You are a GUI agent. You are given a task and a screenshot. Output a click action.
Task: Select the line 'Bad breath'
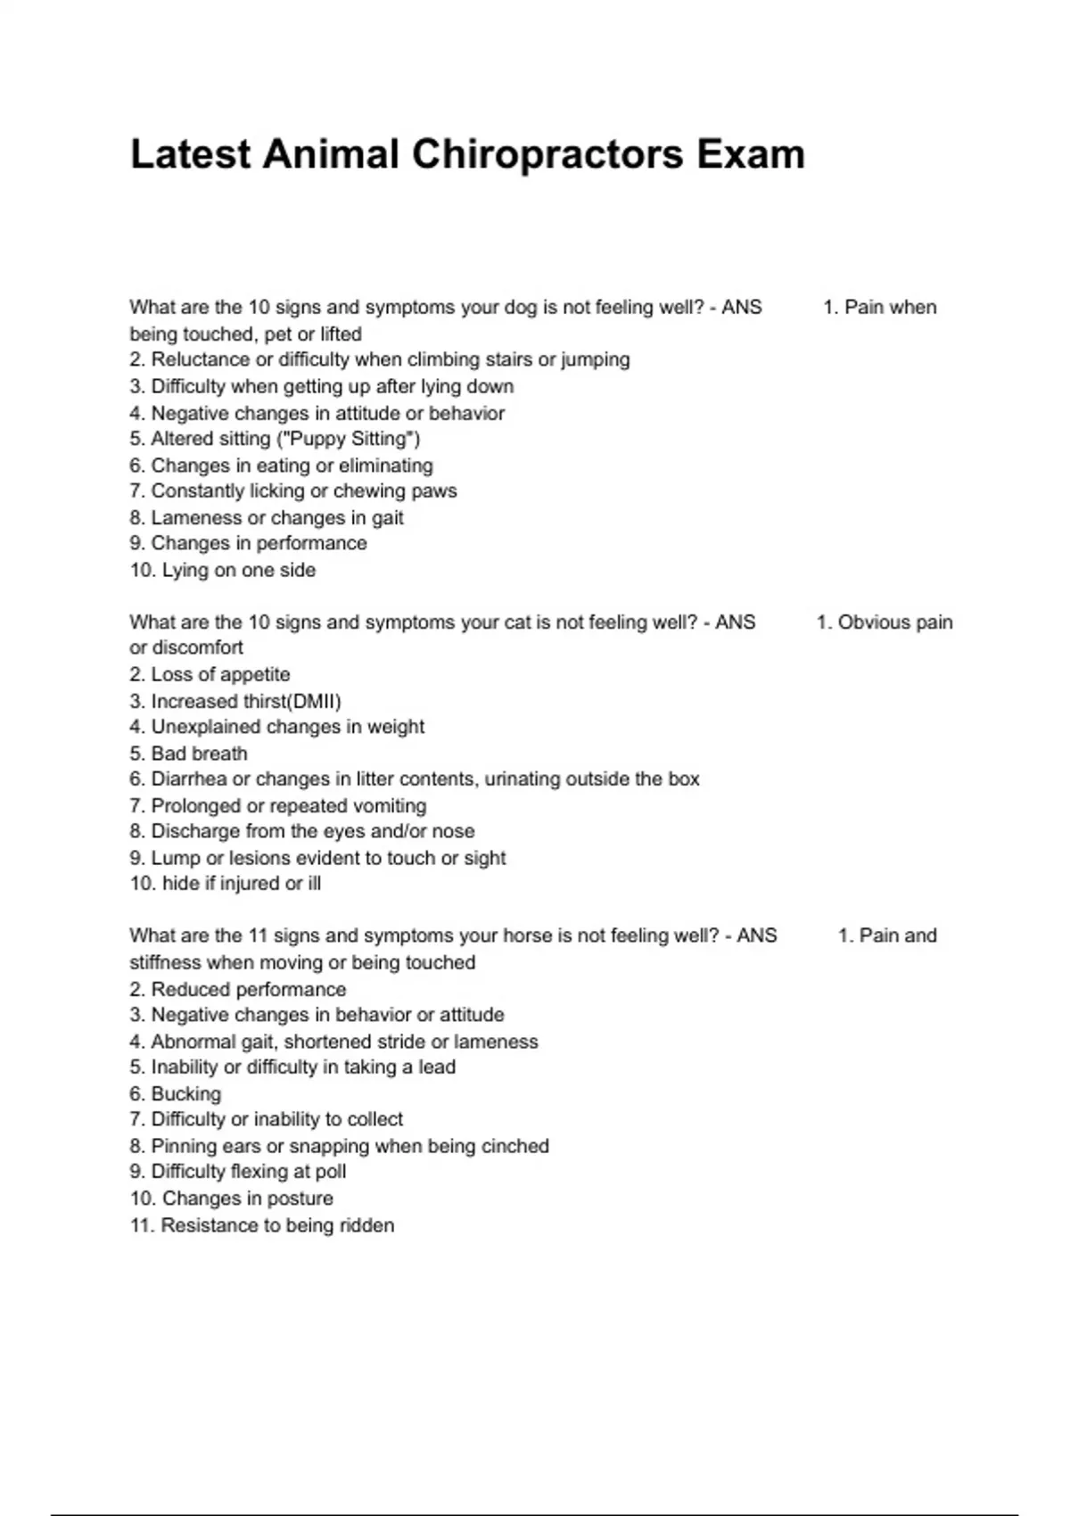click(188, 754)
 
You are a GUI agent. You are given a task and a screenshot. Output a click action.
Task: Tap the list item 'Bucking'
click(176, 1094)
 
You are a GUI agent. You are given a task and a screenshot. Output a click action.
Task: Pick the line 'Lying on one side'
click(223, 571)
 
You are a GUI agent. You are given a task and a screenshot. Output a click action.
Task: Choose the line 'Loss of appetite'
click(210, 675)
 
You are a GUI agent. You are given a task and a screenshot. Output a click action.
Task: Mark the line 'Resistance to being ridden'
click(262, 1226)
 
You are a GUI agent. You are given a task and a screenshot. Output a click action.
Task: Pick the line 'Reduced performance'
click(238, 990)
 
